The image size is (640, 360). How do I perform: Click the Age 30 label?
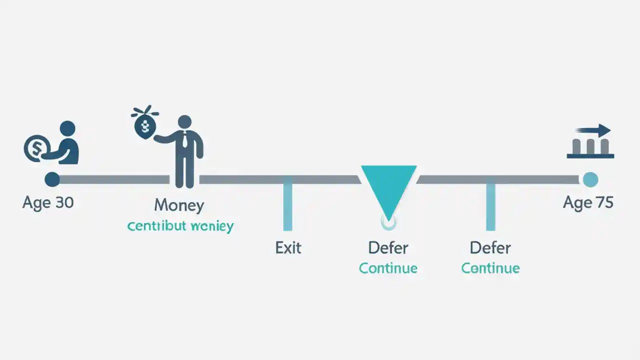point(48,202)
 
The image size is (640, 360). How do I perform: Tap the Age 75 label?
point(588,202)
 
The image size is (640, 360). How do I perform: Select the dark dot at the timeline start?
point(52,179)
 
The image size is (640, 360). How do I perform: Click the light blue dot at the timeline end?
point(590,179)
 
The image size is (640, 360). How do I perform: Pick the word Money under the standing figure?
point(179,205)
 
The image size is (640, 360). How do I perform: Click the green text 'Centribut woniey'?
point(180,226)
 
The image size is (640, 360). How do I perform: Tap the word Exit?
point(288,247)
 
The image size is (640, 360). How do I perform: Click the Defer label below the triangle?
point(388,247)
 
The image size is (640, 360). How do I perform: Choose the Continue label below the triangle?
point(388,268)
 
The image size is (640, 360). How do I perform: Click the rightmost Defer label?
point(490,247)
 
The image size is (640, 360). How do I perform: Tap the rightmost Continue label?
point(490,268)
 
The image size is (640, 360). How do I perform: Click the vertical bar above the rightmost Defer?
point(490,206)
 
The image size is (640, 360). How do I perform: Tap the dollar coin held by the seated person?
point(36,148)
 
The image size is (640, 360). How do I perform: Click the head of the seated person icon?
point(67,128)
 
